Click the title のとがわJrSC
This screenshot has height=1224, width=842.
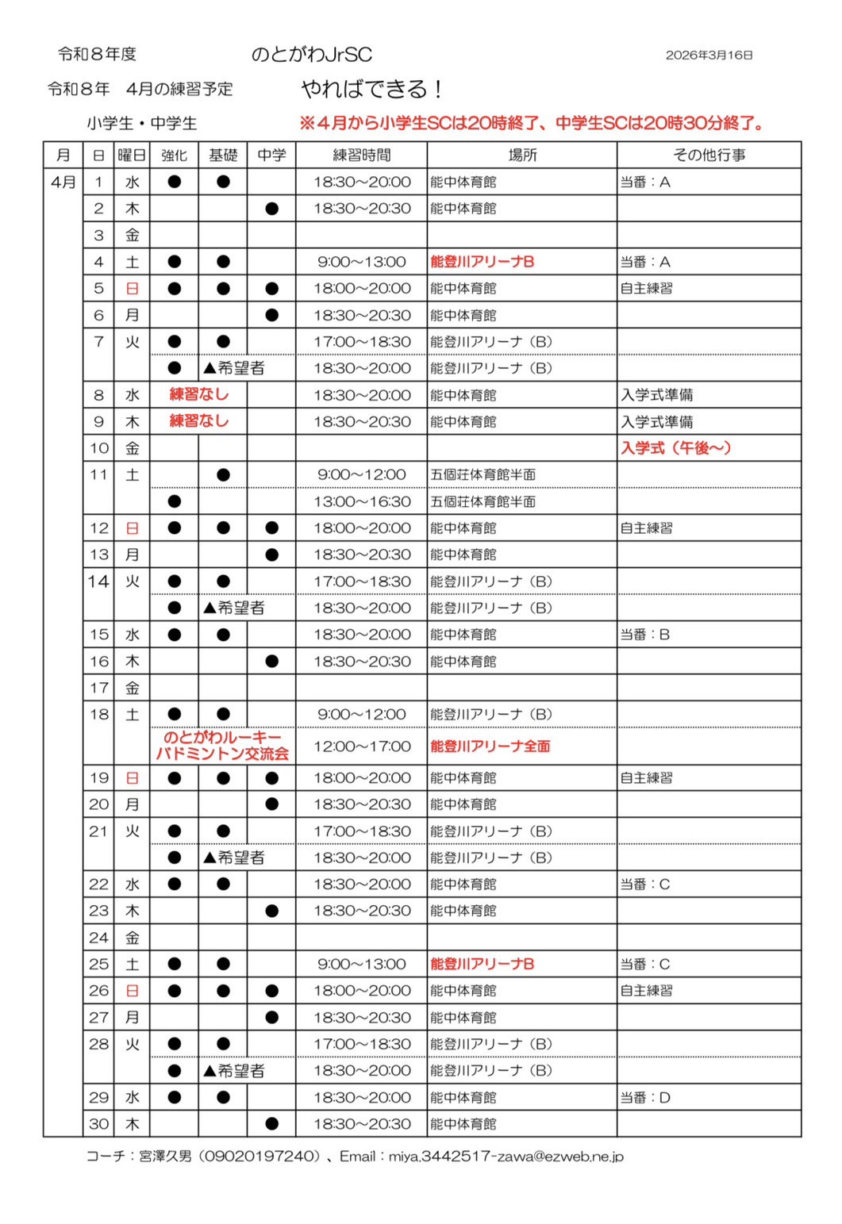coord(311,54)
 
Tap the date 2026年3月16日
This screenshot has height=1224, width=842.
coord(709,55)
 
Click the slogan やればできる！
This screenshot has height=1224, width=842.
coord(372,89)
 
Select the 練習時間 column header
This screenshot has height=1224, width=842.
coord(362,155)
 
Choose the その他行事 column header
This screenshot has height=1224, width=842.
coord(709,155)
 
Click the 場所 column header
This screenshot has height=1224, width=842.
coord(522,155)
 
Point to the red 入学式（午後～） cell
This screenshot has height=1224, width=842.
coord(675,448)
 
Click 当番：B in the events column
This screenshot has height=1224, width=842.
coord(645,635)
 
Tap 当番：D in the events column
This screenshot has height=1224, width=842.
coord(645,1098)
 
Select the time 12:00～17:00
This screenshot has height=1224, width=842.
coord(362,746)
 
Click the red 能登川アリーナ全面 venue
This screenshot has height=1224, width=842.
coord(490,746)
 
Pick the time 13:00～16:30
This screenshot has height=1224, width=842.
coord(362,501)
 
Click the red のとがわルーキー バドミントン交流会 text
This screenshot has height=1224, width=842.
coord(223,746)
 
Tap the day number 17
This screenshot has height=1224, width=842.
coord(99,688)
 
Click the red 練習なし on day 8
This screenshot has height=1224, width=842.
coord(199,394)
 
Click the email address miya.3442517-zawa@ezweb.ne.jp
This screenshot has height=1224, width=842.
coord(506,1157)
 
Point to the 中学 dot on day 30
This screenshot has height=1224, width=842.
coord(271,1124)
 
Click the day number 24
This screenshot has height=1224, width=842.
coord(99,938)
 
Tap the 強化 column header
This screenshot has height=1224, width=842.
coord(175,155)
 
